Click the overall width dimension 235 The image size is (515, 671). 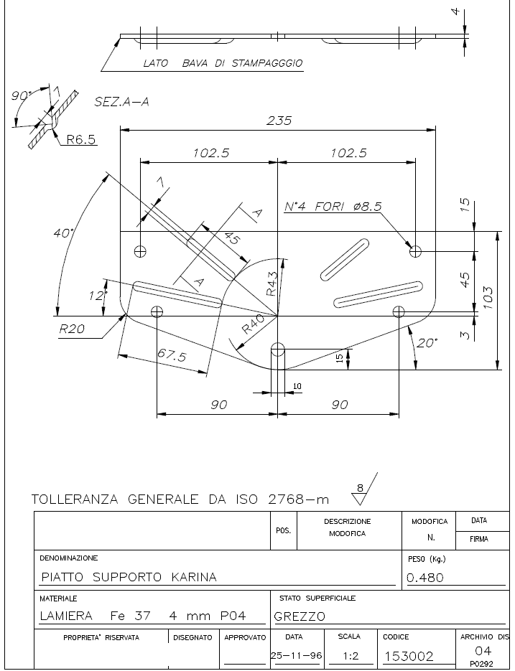[x=279, y=121]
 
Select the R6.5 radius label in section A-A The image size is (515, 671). [x=81, y=139]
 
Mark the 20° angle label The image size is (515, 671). [x=427, y=343]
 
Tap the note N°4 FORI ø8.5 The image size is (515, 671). [x=333, y=207]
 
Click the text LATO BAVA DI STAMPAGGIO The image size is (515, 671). [x=223, y=63]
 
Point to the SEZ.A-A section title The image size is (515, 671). [x=121, y=102]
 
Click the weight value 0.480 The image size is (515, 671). [x=425, y=577]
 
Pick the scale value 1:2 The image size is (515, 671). [x=351, y=656]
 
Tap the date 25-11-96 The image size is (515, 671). [x=296, y=656]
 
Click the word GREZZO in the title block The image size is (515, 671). [x=300, y=616]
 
